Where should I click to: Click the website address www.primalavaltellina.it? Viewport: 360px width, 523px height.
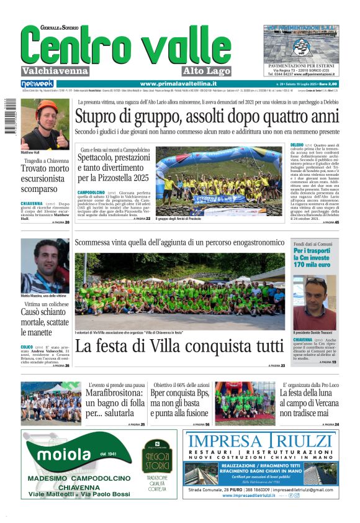click(178, 84)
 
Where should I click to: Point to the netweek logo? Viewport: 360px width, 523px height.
click(37, 84)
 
